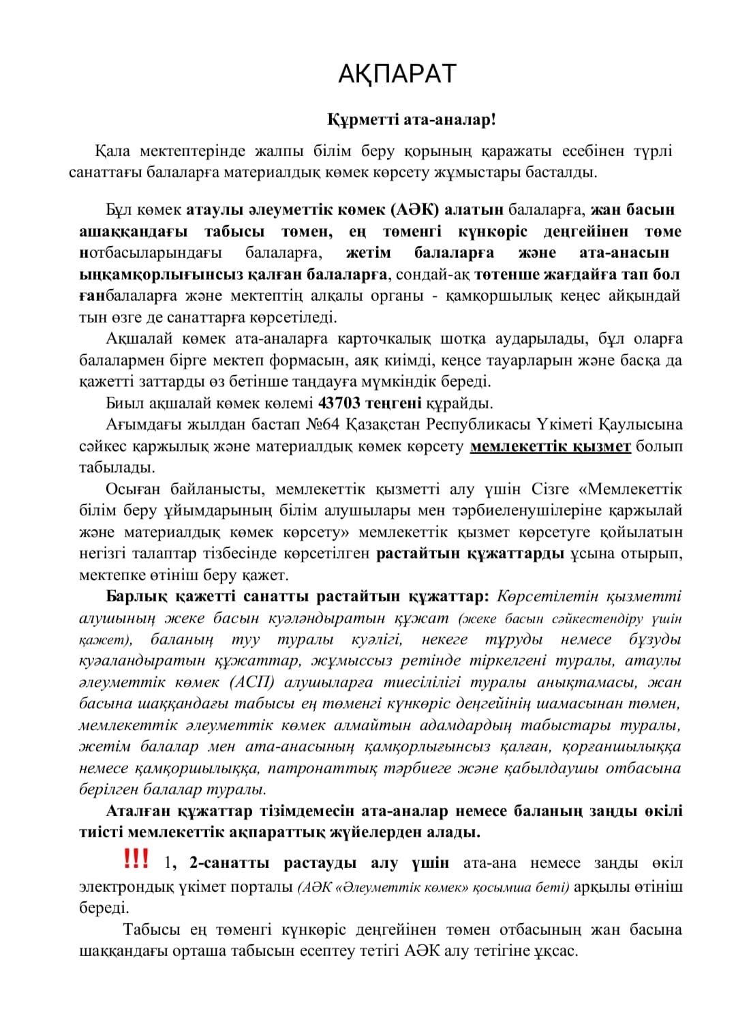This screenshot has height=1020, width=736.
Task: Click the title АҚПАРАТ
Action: pos(397,74)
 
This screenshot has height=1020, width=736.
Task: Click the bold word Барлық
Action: pos(133,596)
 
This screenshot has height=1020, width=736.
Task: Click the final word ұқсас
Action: pos(555,950)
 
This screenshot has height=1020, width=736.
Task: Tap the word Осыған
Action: pos(131,490)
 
